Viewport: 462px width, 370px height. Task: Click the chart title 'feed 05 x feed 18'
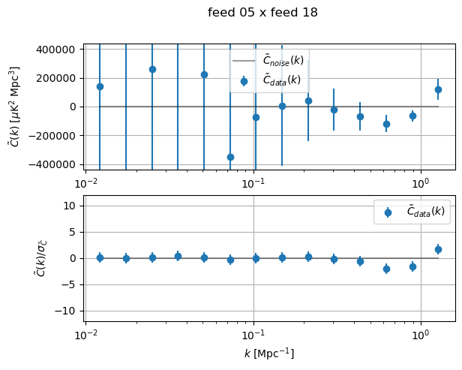click(x=262, y=12)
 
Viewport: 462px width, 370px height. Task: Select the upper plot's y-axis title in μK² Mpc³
click(x=14, y=106)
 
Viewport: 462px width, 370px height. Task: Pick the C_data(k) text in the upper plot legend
click(x=281, y=80)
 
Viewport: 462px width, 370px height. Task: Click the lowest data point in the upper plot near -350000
click(x=230, y=157)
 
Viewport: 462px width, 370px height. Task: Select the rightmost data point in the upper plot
click(x=438, y=89)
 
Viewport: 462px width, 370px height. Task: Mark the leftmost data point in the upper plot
click(x=100, y=86)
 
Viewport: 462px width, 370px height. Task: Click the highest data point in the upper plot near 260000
click(x=152, y=69)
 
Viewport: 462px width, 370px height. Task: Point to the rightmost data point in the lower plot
click(x=438, y=249)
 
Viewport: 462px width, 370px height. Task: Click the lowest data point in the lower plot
click(x=386, y=269)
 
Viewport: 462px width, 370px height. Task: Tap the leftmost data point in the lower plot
click(x=100, y=257)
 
